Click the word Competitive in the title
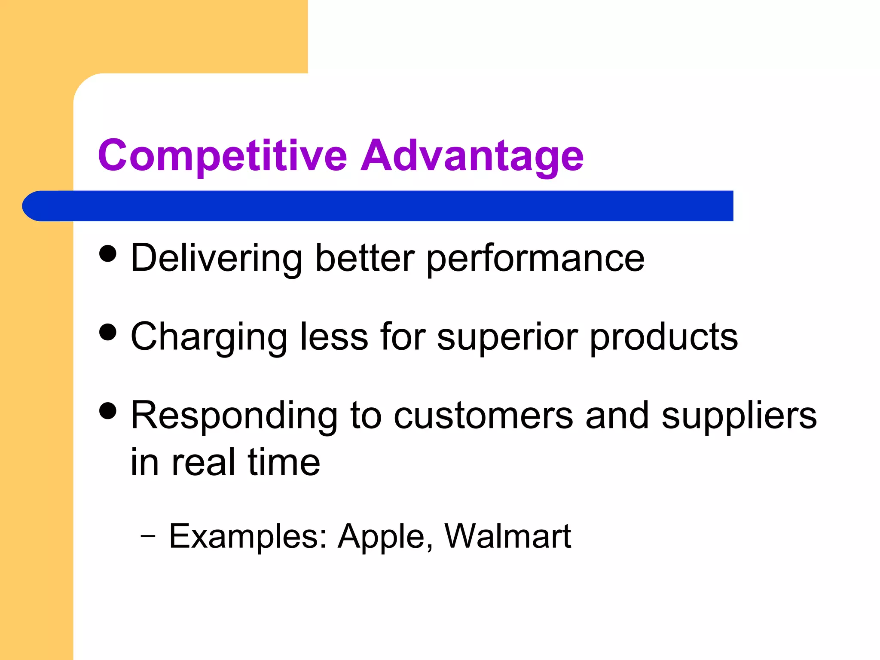[x=222, y=156]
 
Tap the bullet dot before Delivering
[x=107, y=253]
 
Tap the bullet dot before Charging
[x=107, y=332]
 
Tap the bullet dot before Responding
[x=107, y=410]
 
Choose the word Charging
[x=209, y=337]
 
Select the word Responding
[x=234, y=416]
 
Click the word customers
[x=483, y=416]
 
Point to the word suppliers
[x=739, y=416]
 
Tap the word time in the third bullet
[x=284, y=462]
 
